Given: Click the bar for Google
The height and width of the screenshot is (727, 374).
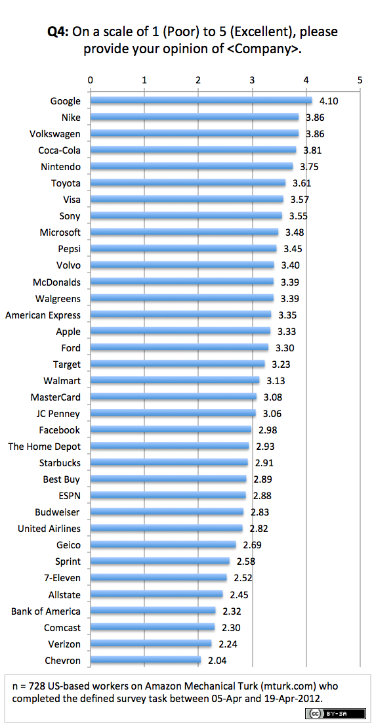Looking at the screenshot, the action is pyautogui.click(x=201, y=100).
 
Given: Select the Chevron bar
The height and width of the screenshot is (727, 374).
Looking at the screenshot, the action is pyautogui.click(x=146, y=660).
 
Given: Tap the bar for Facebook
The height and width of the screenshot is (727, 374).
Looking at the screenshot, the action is pyautogui.click(x=171, y=430).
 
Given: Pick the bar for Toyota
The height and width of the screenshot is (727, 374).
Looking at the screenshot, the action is pyautogui.click(x=188, y=183).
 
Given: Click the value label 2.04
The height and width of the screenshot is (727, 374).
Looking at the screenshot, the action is pyautogui.click(x=218, y=660).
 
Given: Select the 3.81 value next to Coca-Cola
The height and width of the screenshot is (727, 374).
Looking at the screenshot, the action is pyautogui.click(x=313, y=150).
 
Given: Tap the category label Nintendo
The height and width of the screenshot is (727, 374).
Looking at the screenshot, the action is pyautogui.click(x=60, y=167).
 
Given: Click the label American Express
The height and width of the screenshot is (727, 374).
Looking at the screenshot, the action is pyautogui.click(x=43, y=315).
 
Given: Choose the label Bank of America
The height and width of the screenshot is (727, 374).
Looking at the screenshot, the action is pyautogui.click(x=46, y=611).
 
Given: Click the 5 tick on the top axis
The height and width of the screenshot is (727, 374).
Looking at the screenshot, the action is pyautogui.click(x=360, y=79).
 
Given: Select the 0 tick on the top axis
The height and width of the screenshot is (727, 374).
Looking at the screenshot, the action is pyautogui.click(x=91, y=79).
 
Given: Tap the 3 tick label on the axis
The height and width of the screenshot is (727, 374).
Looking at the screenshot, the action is pyautogui.click(x=252, y=79).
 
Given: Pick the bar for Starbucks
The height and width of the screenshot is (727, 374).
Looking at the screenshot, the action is pyautogui.click(x=169, y=462).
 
